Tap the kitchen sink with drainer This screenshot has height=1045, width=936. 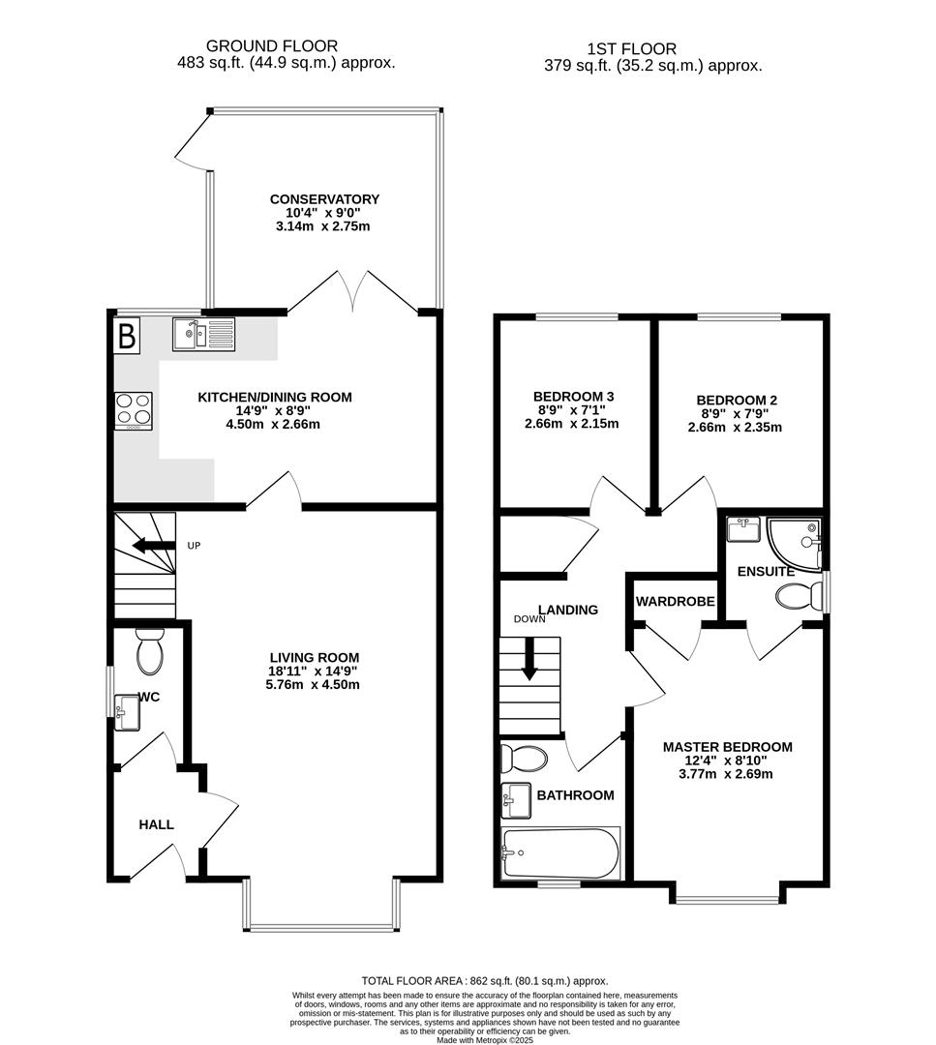(203, 334)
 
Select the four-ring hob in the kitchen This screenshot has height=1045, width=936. (135, 409)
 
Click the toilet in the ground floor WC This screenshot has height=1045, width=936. (150, 652)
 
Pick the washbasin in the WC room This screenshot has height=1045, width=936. (127, 714)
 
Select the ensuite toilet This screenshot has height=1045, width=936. (799, 596)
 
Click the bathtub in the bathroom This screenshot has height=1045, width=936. (559, 853)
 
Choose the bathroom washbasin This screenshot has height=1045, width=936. (517, 798)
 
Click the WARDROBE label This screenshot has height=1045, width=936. (675, 602)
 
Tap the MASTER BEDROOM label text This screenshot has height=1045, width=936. (727, 747)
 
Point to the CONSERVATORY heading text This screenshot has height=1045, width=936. (324, 199)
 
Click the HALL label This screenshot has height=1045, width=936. (156, 824)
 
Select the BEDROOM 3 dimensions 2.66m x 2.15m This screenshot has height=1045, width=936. (571, 424)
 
